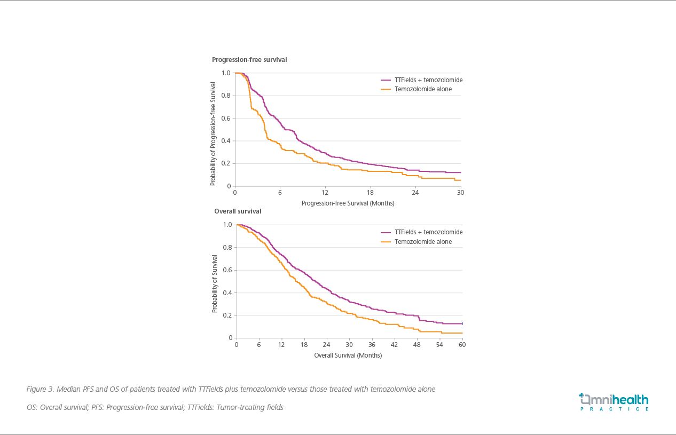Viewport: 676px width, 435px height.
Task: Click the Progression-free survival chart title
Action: pos(249,60)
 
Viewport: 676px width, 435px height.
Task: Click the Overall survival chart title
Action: pos(238,211)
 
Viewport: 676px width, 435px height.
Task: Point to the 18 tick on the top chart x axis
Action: pos(370,193)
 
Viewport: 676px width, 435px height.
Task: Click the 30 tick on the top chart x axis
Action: pos(460,193)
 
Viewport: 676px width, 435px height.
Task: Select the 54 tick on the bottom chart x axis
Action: pos(439,345)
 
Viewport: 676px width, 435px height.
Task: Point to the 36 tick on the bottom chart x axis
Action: pos(372,345)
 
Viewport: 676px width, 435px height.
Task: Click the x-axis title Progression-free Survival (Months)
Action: pos(348,203)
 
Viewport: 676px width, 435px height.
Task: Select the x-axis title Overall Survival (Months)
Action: pos(348,355)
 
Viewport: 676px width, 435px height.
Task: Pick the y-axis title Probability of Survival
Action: pos(215,281)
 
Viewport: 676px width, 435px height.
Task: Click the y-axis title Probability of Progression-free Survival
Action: pos(213,133)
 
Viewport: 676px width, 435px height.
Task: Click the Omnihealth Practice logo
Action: pos(614,402)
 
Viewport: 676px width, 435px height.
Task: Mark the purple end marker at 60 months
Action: pos(462,323)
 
